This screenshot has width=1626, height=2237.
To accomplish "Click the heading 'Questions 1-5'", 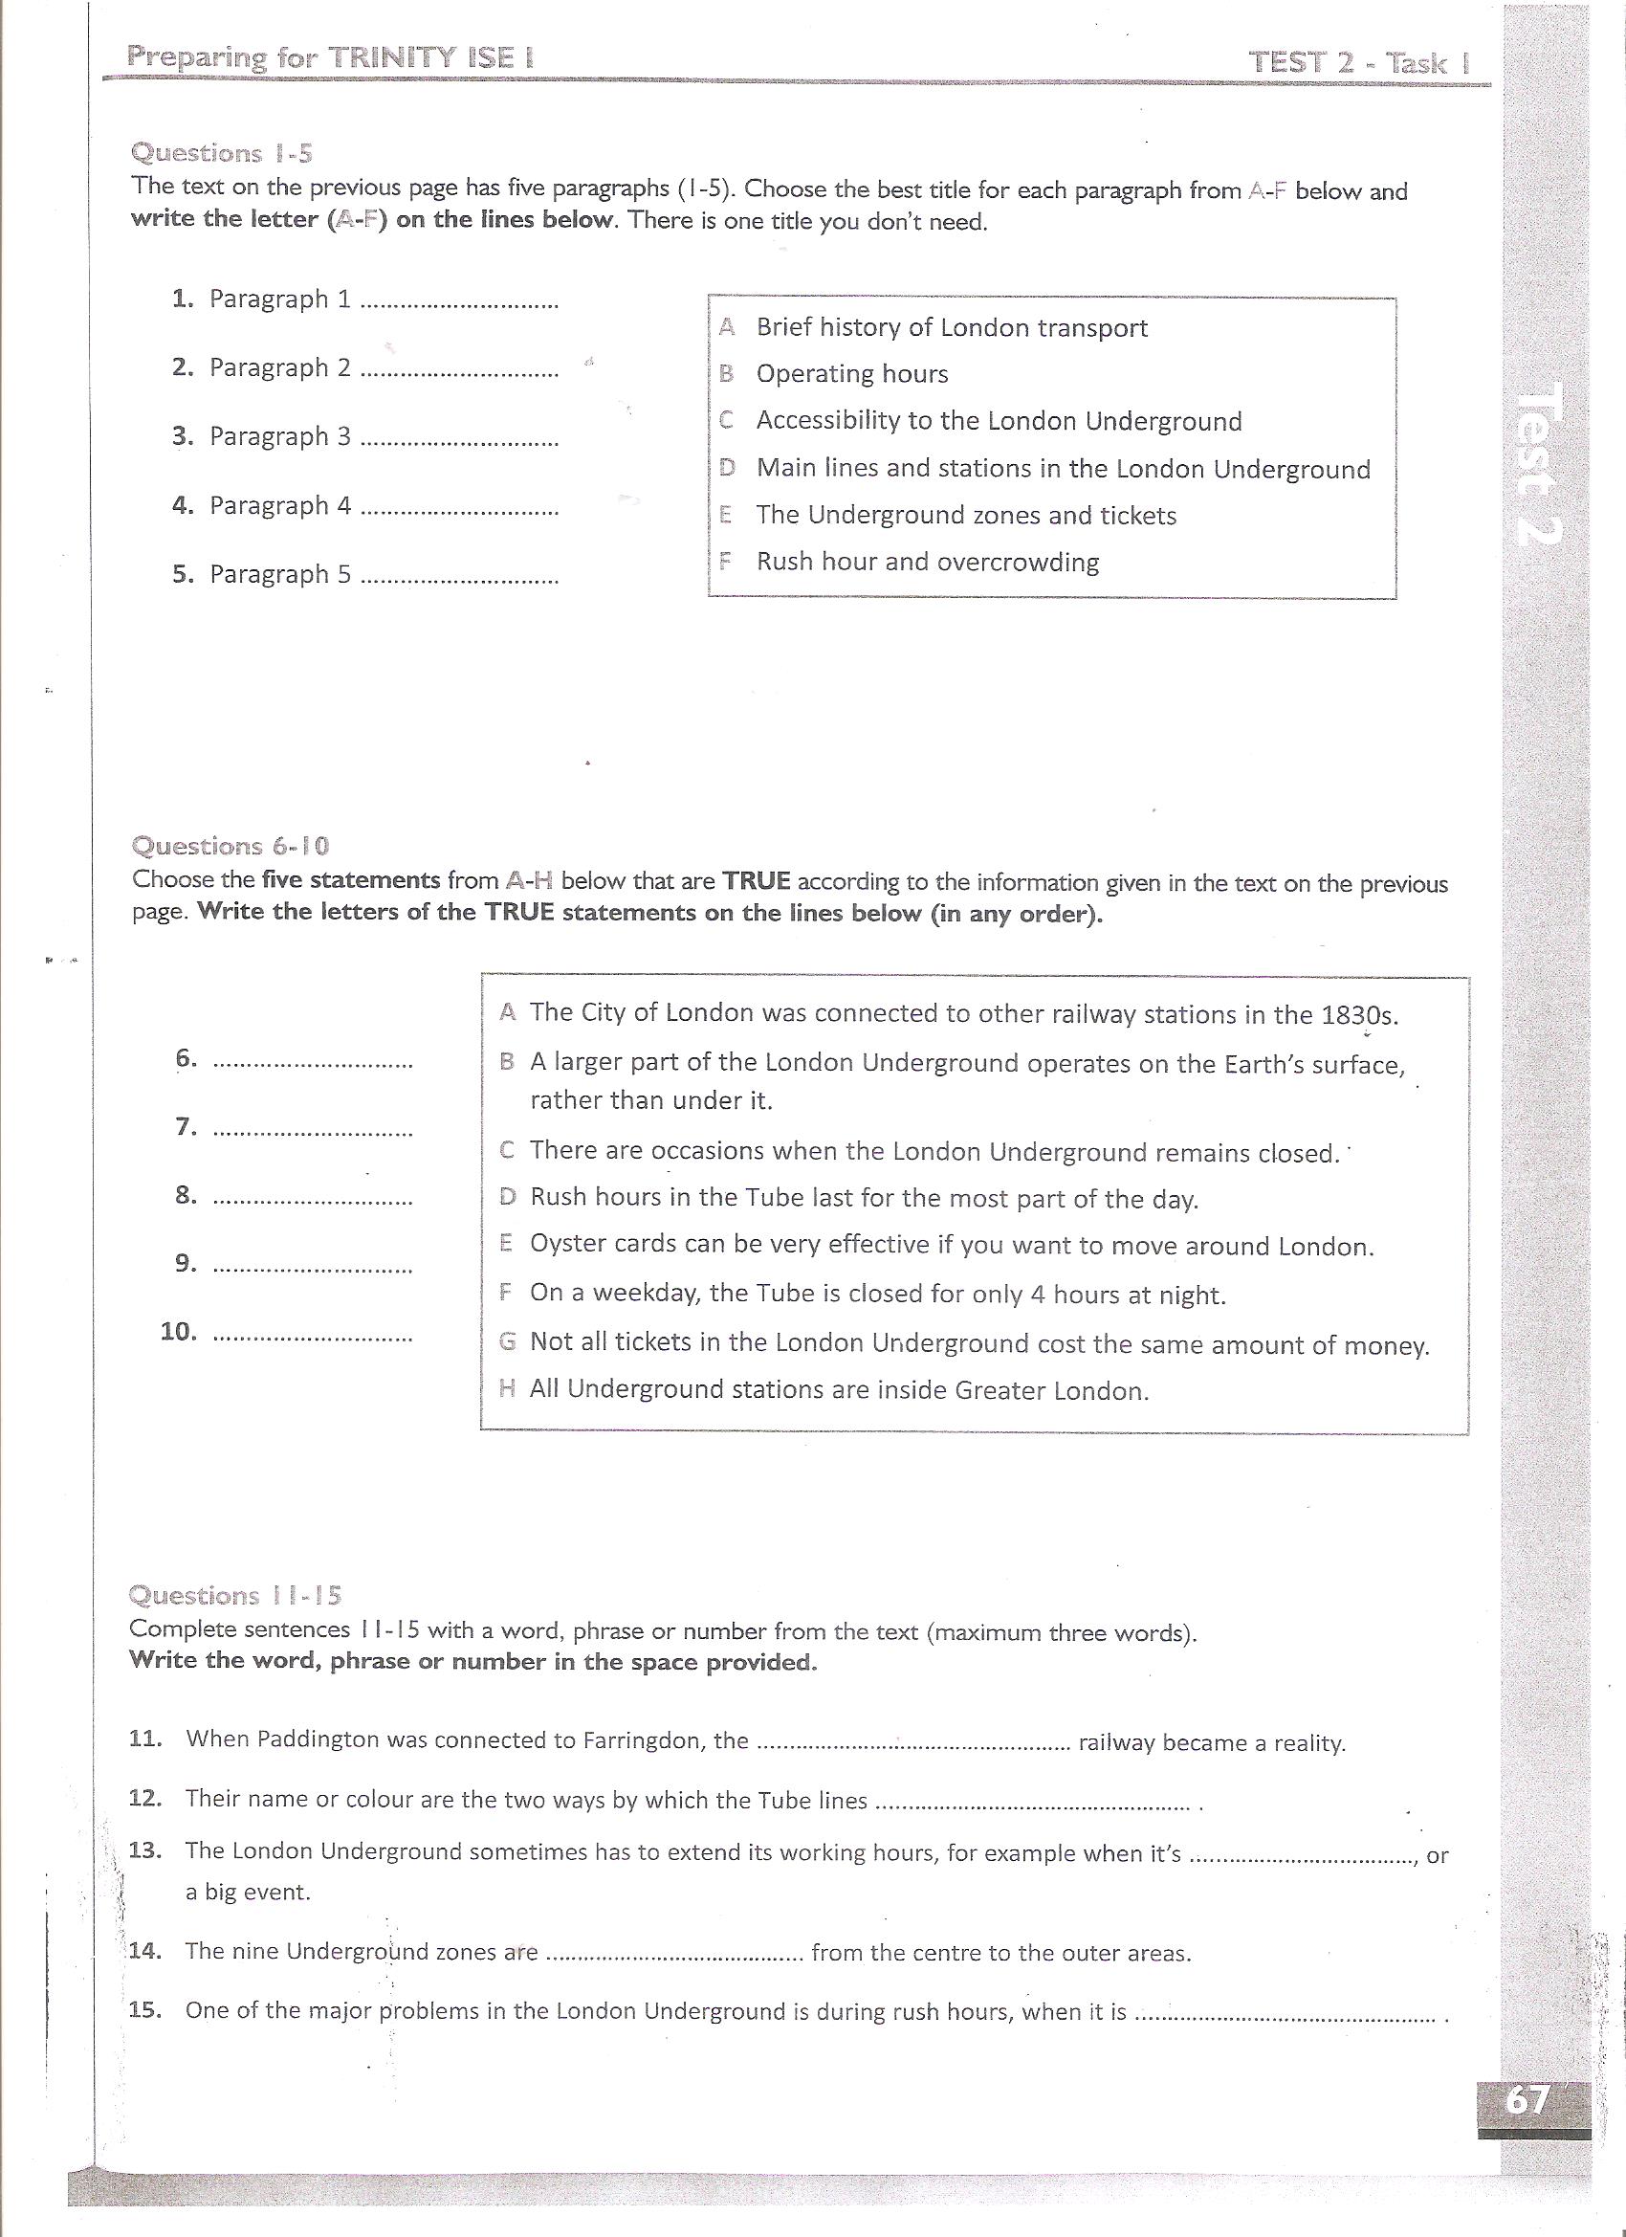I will pyautogui.click(x=222, y=154).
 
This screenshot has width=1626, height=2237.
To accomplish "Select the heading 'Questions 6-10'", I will pyautogui.click(x=231, y=846).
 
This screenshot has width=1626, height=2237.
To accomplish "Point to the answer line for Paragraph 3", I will pyautogui.click(x=459, y=440).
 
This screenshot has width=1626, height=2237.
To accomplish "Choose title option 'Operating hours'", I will pyautogui.click(x=852, y=374).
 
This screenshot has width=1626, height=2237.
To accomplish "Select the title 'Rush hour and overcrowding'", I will pyautogui.click(x=927, y=562).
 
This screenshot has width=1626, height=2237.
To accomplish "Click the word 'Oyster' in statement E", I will pyautogui.click(x=562, y=1244).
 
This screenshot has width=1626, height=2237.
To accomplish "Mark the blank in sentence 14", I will pyautogui.click(x=675, y=1953).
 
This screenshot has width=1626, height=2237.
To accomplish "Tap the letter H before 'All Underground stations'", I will pyautogui.click(x=508, y=1389).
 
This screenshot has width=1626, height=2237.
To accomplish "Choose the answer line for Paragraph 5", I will pyautogui.click(x=459, y=578).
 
